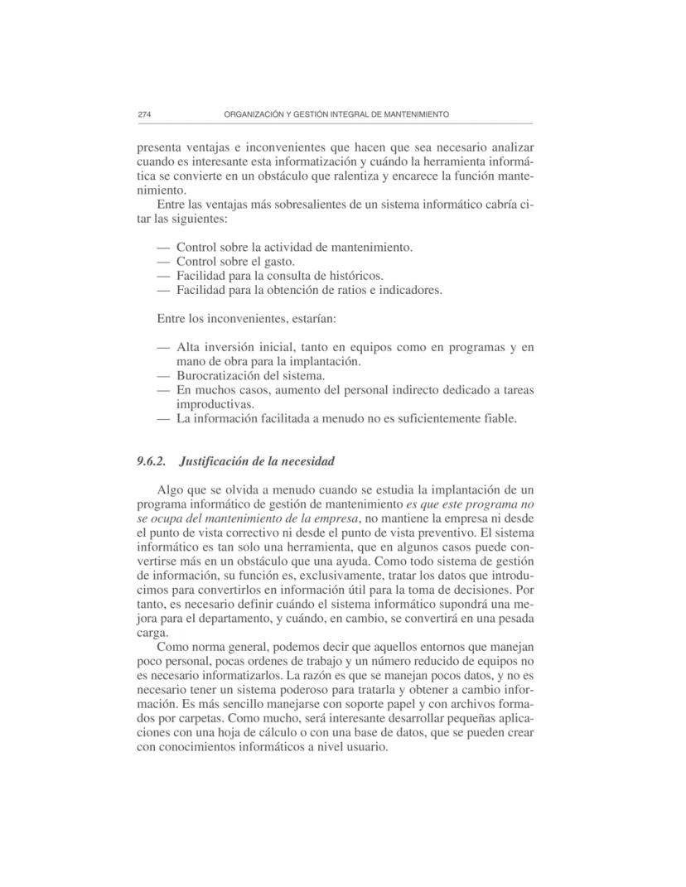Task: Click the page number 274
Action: (x=143, y=113)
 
